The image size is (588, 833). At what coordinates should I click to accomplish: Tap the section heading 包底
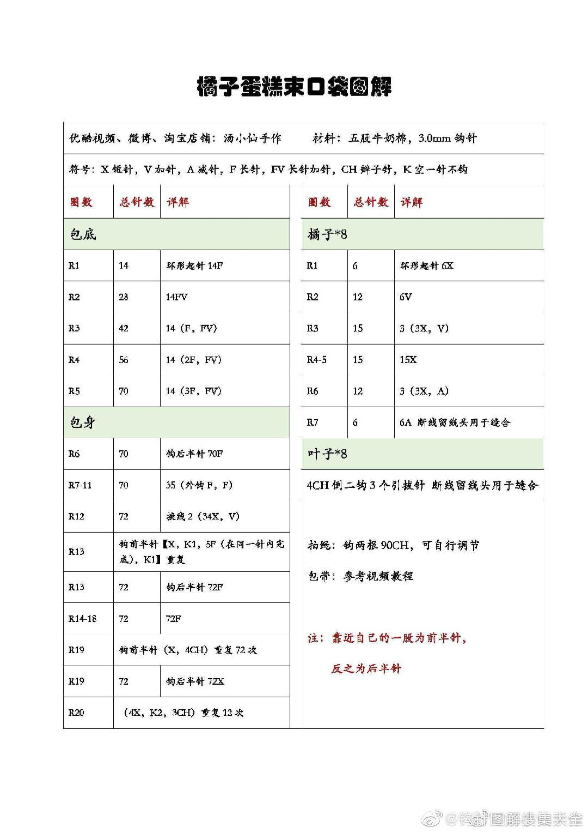point(83,234)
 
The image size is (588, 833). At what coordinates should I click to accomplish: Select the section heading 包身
point(83,422)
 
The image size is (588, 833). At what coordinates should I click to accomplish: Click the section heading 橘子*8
point(327,234)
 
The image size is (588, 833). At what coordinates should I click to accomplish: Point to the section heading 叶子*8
point(327,454)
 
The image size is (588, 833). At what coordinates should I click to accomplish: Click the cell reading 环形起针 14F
point(194,266)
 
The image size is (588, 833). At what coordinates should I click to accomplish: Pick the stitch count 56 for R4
point(124,360)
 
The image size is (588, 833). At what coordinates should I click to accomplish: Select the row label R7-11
point(80,485)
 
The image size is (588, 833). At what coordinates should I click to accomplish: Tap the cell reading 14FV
point(177,297)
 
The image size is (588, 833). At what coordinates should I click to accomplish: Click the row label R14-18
point(82,619)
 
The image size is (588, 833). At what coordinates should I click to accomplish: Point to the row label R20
point(76,713)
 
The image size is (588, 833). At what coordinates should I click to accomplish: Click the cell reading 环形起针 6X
point(427,266)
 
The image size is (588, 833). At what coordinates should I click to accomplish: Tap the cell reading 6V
point(406,297)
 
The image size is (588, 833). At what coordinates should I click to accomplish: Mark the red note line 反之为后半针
point(366,669)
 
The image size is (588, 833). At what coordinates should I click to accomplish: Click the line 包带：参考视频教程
point(360,576)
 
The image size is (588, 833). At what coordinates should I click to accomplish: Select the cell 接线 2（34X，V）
point(203,516)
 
